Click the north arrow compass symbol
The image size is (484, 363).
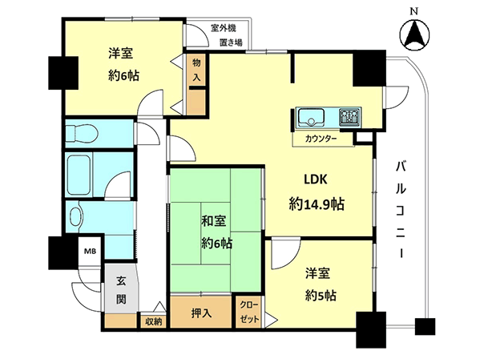point(414,34)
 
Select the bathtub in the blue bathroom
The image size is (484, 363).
point(79,175)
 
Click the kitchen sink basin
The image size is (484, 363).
point(311,117)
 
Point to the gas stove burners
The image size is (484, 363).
point(350,117)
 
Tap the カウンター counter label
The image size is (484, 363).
point(321,139)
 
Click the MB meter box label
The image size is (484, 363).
point(90,251)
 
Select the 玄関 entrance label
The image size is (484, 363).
point(121,290)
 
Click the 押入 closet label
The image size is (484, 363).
point(201,313)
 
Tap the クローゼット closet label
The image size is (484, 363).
point(249,312)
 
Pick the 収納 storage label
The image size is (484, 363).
point(153,321)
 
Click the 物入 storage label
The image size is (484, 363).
point(196,70)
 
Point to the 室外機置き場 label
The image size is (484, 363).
point(227,35)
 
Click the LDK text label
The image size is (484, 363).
point(316,179)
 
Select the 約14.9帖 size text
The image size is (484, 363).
point(317,204)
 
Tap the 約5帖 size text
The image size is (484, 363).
point(321,296)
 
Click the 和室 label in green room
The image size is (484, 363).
point(214,221)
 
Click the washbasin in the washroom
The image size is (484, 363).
point(77,214)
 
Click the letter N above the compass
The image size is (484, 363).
point(414,11)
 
